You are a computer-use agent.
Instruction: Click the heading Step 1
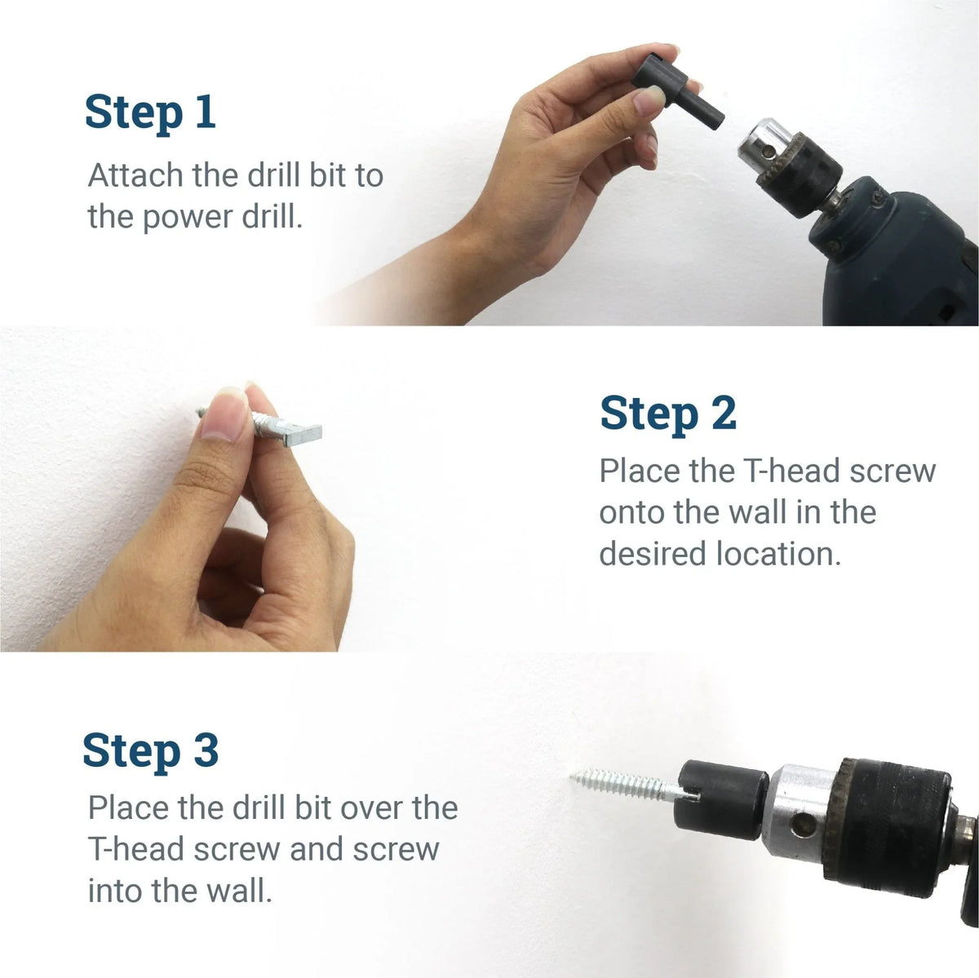pos(150,112)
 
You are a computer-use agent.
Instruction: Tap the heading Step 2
pos(667,414)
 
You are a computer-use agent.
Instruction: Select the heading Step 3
pos(150,750)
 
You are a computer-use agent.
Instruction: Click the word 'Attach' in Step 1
pos(135,176)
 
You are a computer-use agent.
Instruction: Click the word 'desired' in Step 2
pos(653,554)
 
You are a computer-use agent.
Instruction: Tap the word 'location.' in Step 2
pos(778,554)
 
